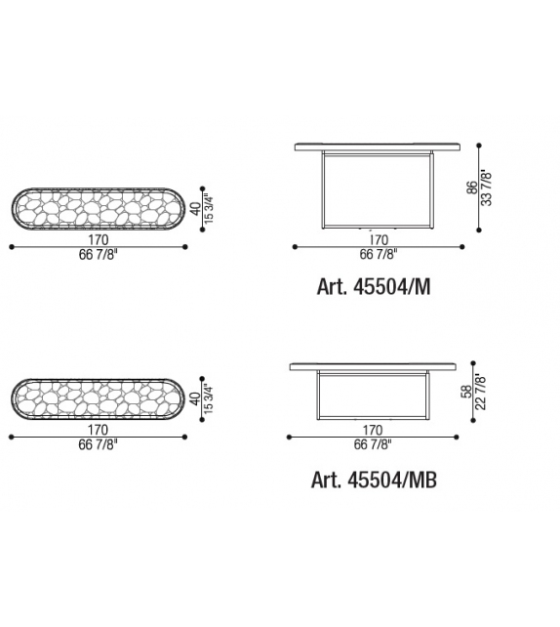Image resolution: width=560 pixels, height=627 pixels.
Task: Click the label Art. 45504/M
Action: [374, 287]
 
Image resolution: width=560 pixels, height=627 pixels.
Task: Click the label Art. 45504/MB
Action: [374, 480]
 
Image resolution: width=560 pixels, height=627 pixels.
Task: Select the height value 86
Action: [472, 188]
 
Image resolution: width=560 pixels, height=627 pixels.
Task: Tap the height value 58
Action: [466, 392]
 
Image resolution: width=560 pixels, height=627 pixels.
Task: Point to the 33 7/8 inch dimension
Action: [486, 188]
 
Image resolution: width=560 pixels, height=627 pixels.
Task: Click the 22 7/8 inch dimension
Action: [481, 392]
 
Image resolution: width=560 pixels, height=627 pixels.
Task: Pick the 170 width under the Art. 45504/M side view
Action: [379, 240]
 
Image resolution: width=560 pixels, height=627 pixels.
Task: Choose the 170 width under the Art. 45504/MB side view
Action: [373, 431]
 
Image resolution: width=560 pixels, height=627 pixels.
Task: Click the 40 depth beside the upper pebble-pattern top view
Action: [196, 208]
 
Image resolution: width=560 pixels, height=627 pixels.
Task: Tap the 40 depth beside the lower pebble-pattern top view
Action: [195, 398]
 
